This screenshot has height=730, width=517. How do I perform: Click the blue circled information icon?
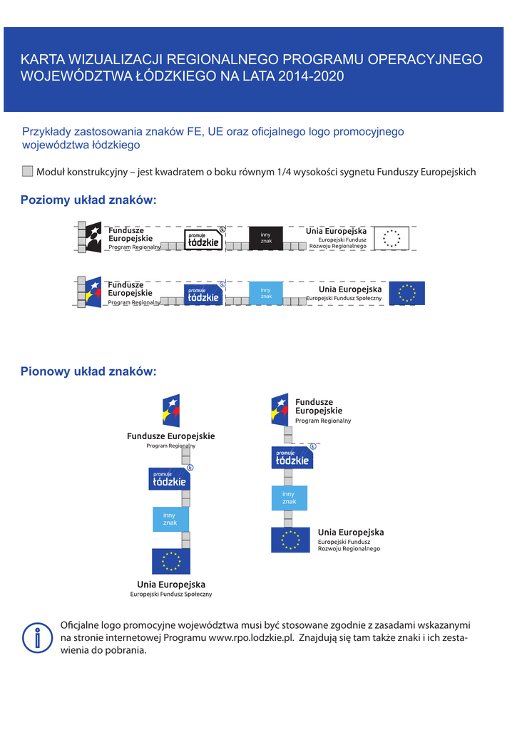tap(37, 637)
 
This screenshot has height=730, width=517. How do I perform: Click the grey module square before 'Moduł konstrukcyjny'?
tap(27, 171)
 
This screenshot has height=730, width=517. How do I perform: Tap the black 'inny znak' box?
tap(266, 238)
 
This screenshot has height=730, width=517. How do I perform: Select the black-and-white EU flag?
tap(391, 238)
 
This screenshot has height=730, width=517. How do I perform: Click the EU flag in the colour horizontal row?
tap(407, 293)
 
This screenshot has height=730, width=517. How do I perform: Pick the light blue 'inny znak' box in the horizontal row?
tap(266, 293)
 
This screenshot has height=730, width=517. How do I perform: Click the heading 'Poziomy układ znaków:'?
tap(88, 200)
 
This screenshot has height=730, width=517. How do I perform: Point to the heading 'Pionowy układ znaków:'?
tap(88, 371)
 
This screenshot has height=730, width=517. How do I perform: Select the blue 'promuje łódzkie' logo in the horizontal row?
tap(203, 295)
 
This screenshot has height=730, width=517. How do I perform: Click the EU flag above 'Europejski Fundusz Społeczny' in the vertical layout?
tap(171, 561)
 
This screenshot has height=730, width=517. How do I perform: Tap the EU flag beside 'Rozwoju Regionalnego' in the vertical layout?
tap(290, 540)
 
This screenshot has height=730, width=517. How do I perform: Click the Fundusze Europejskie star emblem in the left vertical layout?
tap(171, 411)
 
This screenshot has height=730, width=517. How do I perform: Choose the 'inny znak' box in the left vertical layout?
tap(170, 519)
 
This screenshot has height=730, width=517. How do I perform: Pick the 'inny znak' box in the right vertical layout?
tap(289, 498)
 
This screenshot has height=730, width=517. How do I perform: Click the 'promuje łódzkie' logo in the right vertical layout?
tap(292, 458)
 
